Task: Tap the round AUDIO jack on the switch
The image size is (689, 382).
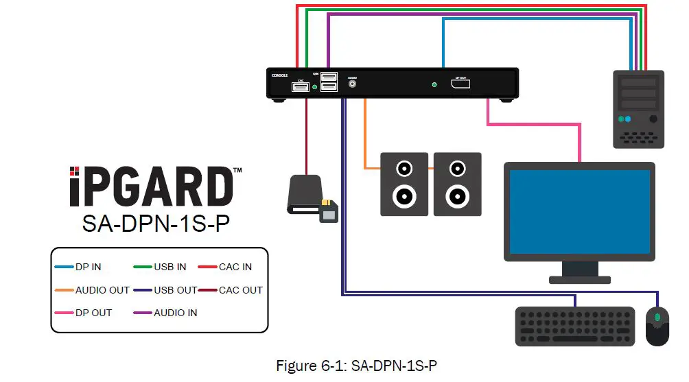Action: pos(353,86)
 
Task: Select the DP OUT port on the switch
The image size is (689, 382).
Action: pos(460,84)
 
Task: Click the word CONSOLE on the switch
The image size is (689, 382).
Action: pos(279,76)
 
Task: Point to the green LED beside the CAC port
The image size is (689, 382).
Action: pos(315,88)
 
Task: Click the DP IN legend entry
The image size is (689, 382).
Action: pos(87,267)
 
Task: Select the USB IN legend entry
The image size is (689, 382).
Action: pos(170,267)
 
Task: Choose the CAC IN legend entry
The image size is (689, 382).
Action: pos(235,267)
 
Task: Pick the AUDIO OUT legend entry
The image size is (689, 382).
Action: pos(102,290)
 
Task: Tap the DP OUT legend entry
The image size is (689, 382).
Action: pos(93,313)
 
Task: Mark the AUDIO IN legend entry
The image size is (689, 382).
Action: pos(175,313)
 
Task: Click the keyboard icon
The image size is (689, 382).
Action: pos(574,326)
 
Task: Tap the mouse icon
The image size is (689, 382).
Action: pos(657,325)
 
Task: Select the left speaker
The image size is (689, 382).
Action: pos(405,184)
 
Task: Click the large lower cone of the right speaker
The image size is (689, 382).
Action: pos(457,197)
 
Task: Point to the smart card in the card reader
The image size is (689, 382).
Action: pos(329,212)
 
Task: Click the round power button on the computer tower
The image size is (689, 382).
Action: pos(653,119)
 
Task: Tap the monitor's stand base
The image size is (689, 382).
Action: pos(580,279)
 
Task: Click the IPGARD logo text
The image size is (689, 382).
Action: pos(150,185)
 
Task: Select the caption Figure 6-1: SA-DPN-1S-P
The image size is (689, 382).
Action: pos(356,366)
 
